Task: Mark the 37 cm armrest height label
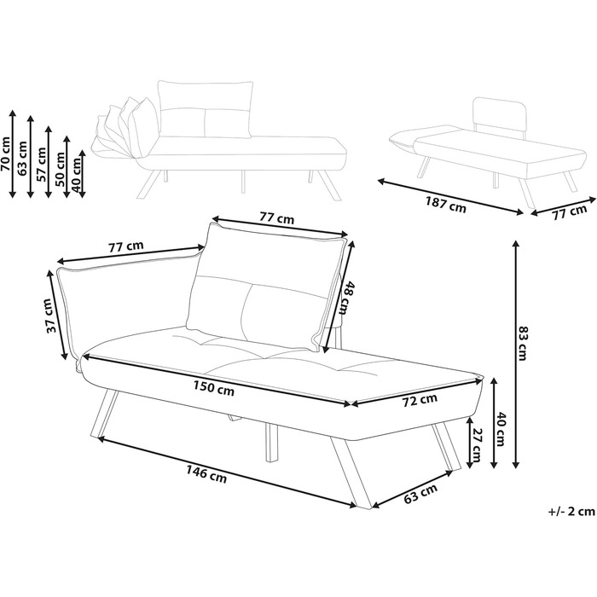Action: pyautogui.click(x=52, y=316)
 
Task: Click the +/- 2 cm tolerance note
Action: pyautogui.click(x=571, y=512)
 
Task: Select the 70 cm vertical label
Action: pyautogui.click(x=6, y=154)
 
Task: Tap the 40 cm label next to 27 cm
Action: pyautogui.click(x=502, y=422)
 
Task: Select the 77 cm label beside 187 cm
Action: pyautogui.click(x=569, y=212)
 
